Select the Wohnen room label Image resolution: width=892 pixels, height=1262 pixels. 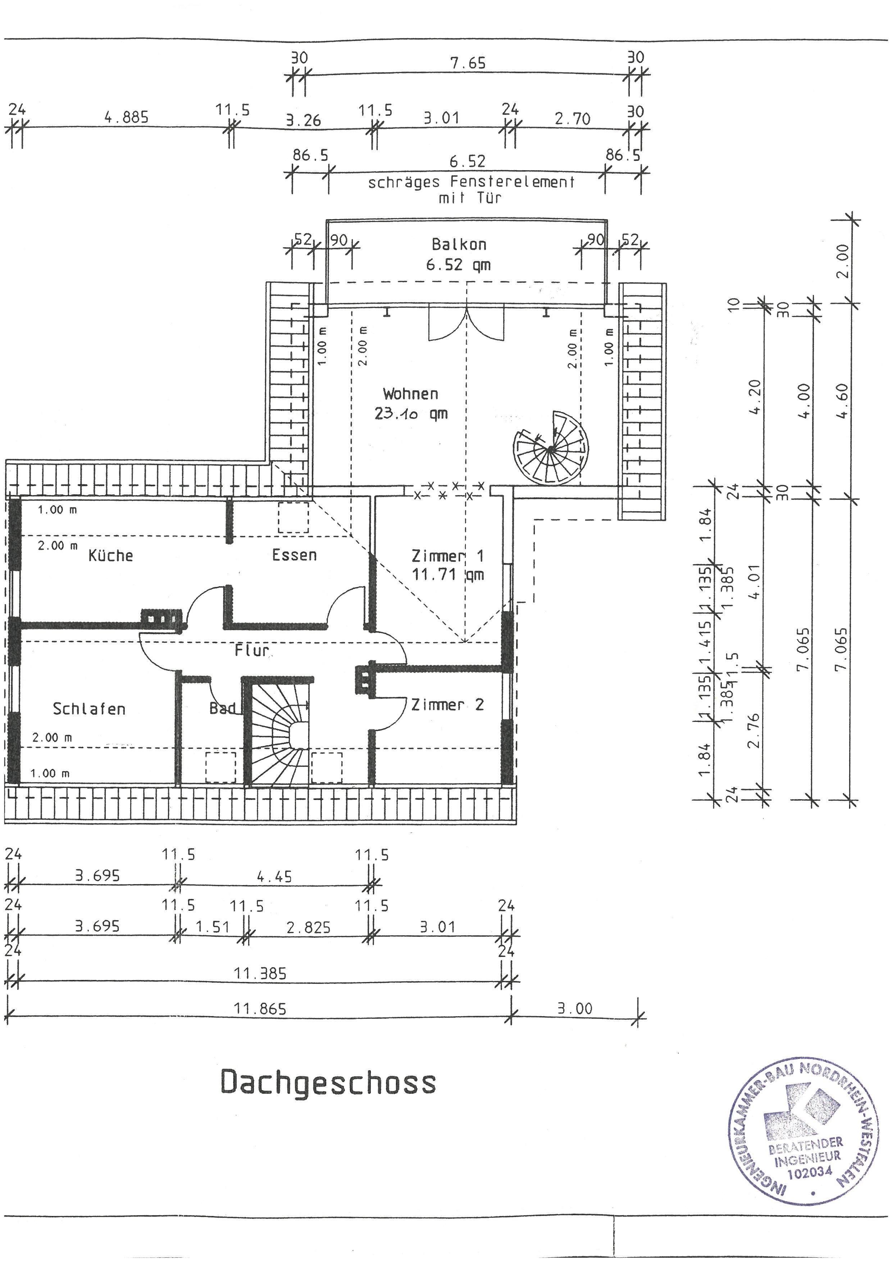[411, 394]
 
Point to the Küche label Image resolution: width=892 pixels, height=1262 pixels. [111, 555]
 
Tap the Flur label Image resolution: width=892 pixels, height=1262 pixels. [252, 651]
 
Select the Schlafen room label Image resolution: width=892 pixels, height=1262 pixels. [89, 709]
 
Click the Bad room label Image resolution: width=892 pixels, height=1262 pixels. [223, 709]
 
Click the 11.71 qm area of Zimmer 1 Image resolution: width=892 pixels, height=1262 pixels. [448, 575]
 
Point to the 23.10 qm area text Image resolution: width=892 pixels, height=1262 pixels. [411, 413]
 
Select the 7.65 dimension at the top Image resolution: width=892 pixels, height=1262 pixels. [468, 63]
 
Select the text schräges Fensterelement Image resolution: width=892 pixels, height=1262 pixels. [471, 182]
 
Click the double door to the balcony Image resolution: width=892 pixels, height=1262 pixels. [467, 324]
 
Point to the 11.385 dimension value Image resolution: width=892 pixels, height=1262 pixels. [260, 973]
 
